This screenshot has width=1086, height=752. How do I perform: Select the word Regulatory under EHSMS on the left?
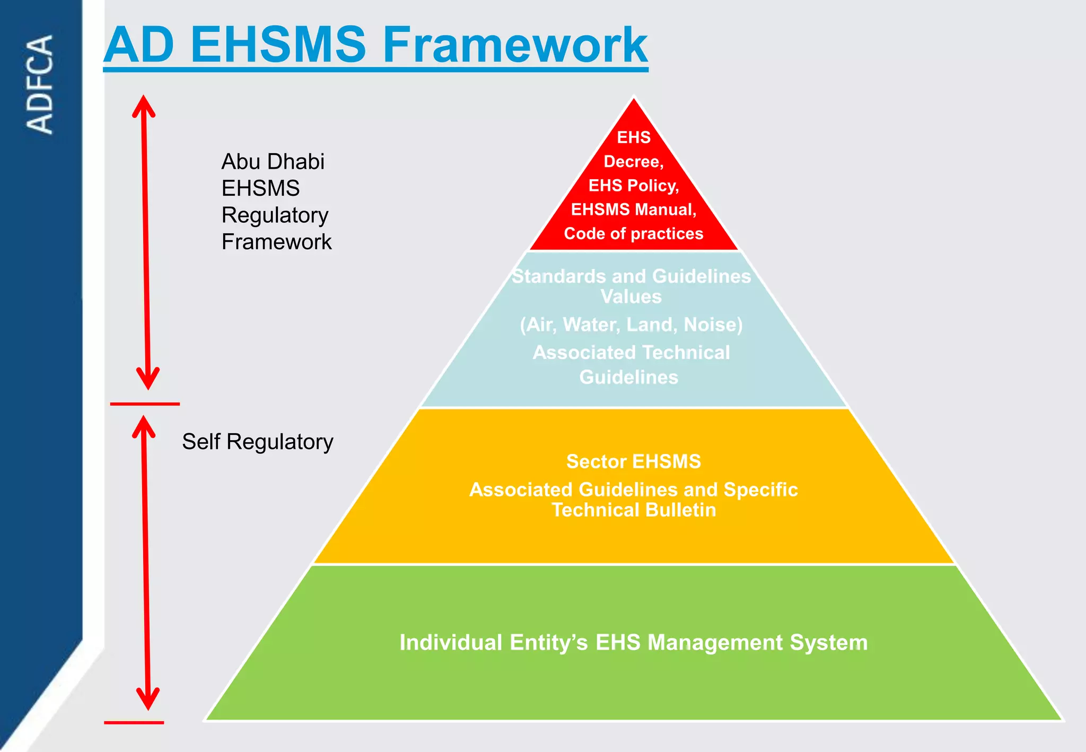point(275,215)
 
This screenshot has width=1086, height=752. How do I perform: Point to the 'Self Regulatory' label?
point(258,442)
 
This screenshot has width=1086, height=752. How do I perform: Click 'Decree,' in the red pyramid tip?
point(634,161)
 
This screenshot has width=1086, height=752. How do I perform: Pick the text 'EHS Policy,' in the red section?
point(634,185)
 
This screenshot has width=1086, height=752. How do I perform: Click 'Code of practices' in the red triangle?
point(634,233)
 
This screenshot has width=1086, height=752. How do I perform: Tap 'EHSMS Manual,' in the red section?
point(634,209)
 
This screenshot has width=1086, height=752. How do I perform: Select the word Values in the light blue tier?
point(631,296)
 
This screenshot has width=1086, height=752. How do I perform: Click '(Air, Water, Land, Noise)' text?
point(631,325)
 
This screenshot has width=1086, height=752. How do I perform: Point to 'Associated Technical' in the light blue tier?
point(631,353)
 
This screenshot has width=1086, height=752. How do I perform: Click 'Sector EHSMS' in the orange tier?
point(634,461)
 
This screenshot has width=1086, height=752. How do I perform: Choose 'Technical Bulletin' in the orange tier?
point(634,510)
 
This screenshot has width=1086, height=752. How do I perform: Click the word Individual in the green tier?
point(451,642)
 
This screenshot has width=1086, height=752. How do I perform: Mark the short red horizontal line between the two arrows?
point(145,404)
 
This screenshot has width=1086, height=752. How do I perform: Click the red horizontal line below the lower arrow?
point(134,722)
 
